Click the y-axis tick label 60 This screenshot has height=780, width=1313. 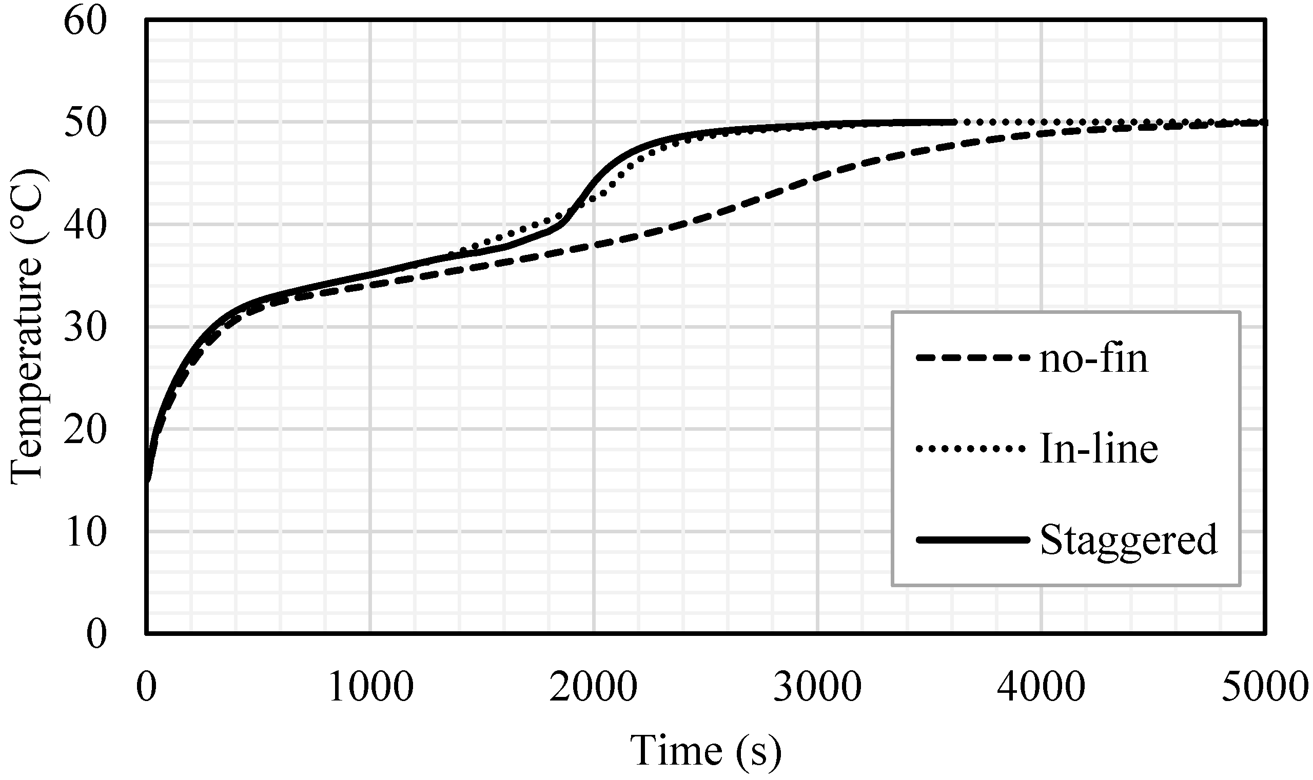85,22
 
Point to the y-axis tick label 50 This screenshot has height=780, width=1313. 85,124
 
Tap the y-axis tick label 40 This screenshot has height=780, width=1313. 85,226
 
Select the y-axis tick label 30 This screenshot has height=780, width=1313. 85,328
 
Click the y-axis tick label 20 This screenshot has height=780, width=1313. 85,430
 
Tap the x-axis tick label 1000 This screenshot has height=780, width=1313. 371,687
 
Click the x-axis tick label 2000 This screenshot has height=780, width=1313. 594,687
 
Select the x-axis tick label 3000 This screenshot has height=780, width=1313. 818,687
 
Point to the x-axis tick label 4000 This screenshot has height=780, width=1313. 1042,687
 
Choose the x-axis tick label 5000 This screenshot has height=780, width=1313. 1265,687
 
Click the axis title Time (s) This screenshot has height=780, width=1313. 706,751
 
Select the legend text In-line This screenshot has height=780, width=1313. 1099,449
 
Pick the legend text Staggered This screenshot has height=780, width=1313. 1128,541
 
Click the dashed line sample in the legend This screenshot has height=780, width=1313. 972,358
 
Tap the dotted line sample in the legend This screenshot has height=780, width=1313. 972,449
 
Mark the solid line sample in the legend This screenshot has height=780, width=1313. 972,540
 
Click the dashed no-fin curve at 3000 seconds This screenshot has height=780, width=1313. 818,176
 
